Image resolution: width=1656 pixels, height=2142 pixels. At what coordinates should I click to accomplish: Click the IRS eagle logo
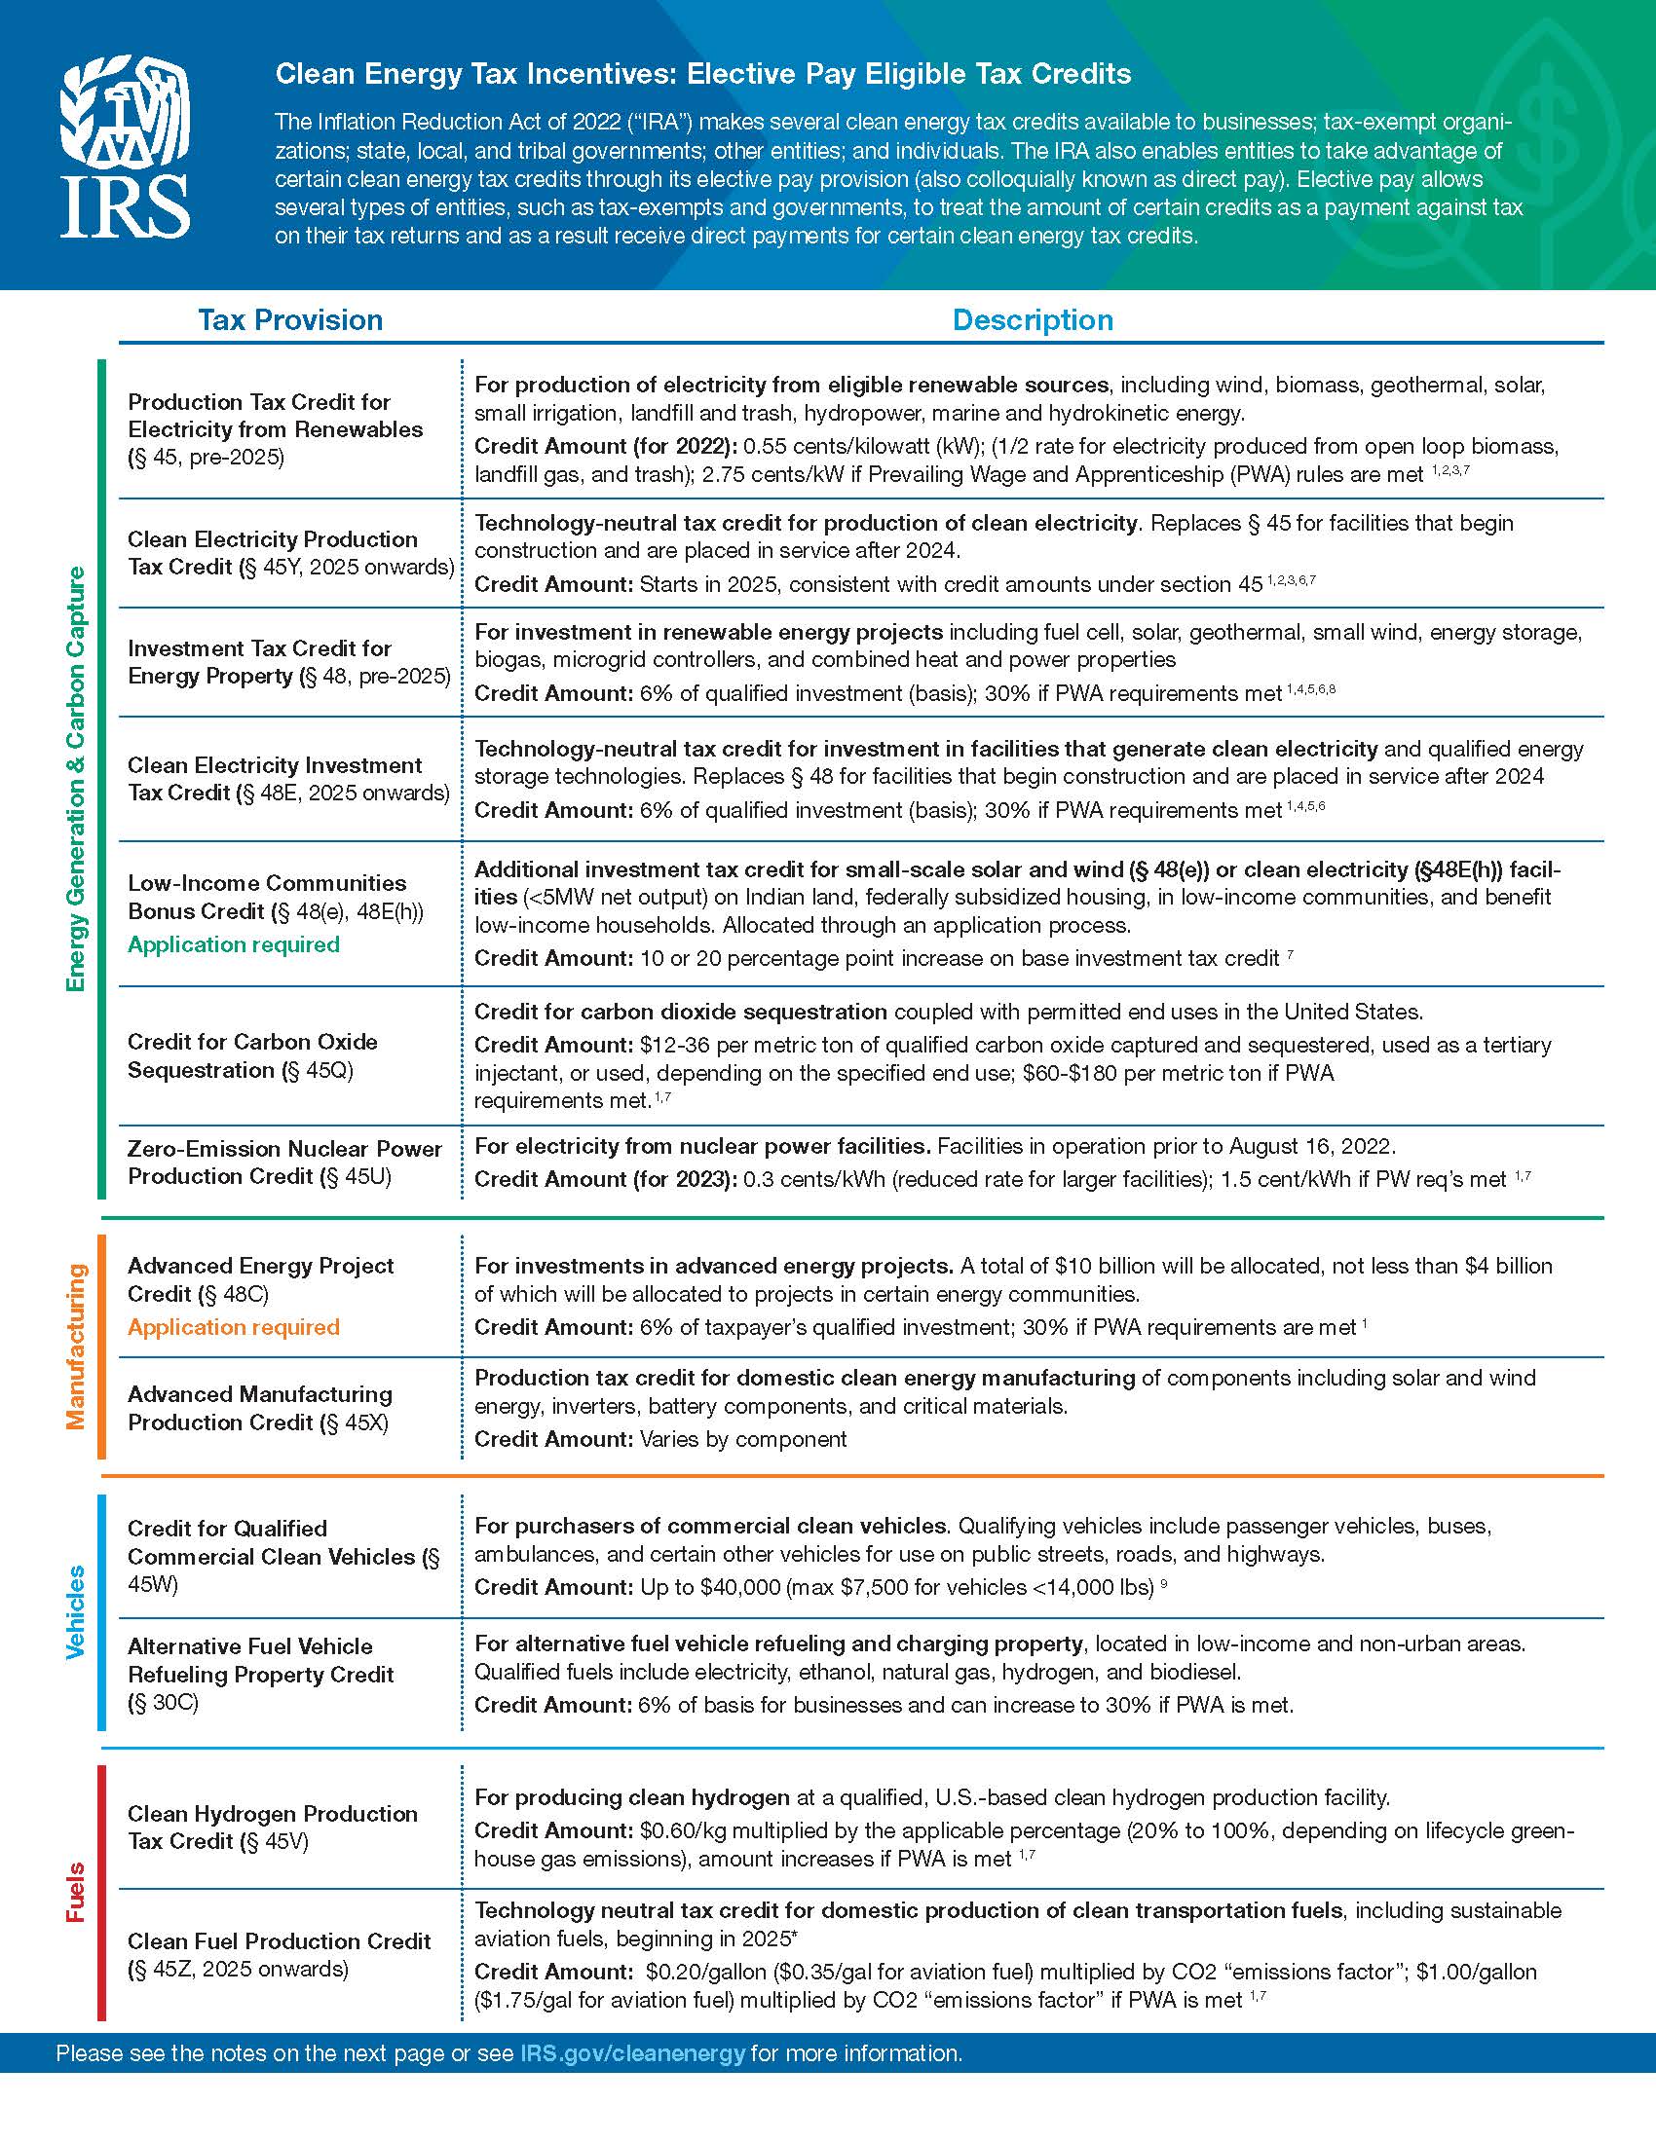point(125,147)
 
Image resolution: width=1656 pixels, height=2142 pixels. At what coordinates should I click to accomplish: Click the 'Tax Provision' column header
point(290,319)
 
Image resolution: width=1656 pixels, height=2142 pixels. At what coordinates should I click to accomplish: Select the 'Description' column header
point(1032,319)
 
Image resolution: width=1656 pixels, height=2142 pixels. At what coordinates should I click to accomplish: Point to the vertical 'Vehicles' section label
point(76,1611)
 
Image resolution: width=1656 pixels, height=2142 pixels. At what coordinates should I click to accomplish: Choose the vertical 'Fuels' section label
point(76,1892)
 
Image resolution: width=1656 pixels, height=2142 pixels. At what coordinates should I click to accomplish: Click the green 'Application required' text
point(234,944)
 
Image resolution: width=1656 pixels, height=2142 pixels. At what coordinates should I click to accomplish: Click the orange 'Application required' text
point(234,1327)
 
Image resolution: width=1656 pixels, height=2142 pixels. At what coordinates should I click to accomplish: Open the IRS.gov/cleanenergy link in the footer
point(632,2052)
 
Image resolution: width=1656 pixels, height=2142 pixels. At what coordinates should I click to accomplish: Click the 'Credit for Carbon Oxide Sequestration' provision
point(252,1055)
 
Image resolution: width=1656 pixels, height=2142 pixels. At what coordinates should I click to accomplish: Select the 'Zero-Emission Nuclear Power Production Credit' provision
point(284,1163)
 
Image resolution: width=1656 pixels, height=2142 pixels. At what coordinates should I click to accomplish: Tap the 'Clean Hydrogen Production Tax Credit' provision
point(272,1828)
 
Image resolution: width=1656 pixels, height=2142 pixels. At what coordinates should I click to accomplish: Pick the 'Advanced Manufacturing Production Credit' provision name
point(260,1408)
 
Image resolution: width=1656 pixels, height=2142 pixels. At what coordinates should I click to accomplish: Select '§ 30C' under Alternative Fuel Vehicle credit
point(163,1702)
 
